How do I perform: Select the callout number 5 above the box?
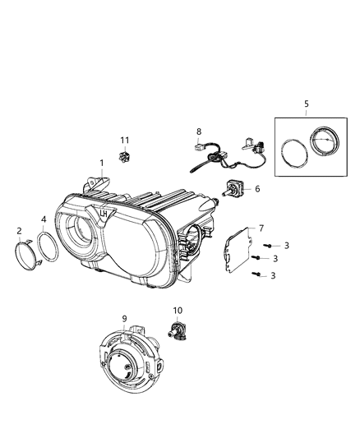point(306,104)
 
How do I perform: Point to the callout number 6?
point(256,188)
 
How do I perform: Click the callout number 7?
point(261,228)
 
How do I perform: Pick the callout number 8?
point(198,131)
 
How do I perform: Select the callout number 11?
point(125,140)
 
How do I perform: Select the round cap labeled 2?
point(26,251)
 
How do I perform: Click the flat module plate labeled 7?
point(242,248)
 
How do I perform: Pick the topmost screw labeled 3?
point(268,245)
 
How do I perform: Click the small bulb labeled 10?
point(176,331)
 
